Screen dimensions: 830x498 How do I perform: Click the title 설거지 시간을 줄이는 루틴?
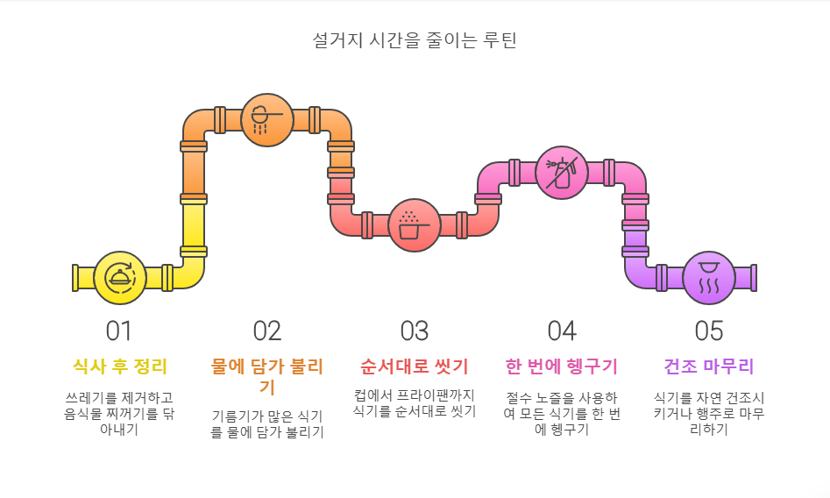pyautogui.click(x=415, y=40)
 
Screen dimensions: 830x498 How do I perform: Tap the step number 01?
pyautogui.click(x=119, y=331)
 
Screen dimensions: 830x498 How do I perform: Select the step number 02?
pyautogui.click(x=267, y=331)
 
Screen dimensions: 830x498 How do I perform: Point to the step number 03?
pyautogui.click(x=415, y=331)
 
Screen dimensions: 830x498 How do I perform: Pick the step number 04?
pyautogui.click(x=562, y=331)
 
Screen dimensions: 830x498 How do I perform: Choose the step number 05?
pyautogui.click(x=709, y=331)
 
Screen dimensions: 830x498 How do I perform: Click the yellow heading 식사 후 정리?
pyautogui.click(x=120, y=366)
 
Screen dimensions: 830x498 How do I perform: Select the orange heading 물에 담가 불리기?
pyautogui.click(x=267, y=375)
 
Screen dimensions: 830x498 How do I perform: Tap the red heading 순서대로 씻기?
pyautogui.click(x=415, y=366)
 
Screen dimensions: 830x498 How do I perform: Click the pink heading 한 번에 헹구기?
pyautogui.click(x=562, y=366)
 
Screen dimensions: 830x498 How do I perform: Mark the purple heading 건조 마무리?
pyautogui.click(x=709, y=366)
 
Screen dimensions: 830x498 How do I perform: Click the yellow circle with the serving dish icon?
pyautogui.click(x=120, y=278)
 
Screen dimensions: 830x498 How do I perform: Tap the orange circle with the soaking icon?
pyautogui.click(x=267, y=119)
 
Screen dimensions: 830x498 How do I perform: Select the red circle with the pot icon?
pyautogui.click(x=415, y=225)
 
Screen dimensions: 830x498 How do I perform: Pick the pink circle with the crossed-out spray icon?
pyautogui.click(x=561, y=173)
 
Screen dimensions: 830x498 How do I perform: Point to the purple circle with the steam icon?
pyautogui.click(x=709, y=278)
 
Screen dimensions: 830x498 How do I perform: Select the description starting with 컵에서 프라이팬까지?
pyautogui.click(x=415, y=402)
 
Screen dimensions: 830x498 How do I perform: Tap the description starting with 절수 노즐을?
pyautogui.click(x=562, y=413)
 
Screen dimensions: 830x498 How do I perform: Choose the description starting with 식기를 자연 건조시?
pyautogui.click(x=709, y=413)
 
